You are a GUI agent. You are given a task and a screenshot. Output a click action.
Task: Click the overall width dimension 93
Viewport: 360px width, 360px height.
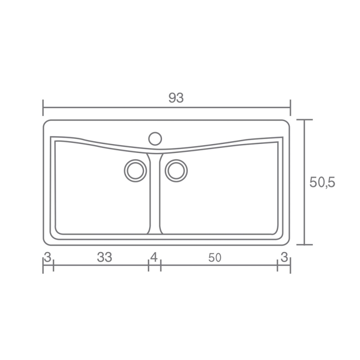pyautogui.click(x=176, y=98)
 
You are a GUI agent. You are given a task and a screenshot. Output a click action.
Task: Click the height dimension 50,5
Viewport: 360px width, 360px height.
pyautogui.click(x=322, y=183)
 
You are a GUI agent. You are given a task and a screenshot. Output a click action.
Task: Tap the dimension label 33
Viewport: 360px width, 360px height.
pyautogui.click(x=104, y=257)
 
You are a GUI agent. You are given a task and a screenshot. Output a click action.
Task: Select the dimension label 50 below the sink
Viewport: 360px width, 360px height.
pyautogui.click(x=215, y=258)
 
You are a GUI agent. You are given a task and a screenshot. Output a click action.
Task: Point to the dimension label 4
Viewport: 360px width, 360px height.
pyautogui.click(x=154, y=257)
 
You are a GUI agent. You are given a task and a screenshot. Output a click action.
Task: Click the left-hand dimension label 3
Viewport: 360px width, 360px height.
pyautogui.click(x=48, y=257)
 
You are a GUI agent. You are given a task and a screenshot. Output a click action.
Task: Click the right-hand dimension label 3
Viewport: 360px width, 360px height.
pyautogui.click(x=284, y=257)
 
